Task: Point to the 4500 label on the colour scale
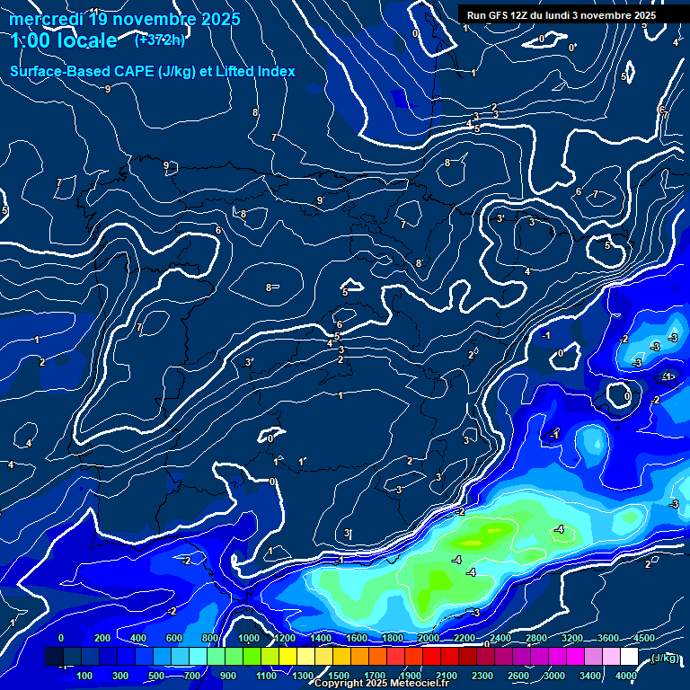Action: [644, 638]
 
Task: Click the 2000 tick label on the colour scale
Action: [429, 638]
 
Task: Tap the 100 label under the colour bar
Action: [85, 676]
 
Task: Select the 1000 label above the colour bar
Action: [249, 638]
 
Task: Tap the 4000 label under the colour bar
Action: [626, 676]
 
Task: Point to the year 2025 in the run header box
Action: [641, 15]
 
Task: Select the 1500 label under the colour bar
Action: [339, 676]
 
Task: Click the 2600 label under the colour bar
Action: [518, 676]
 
